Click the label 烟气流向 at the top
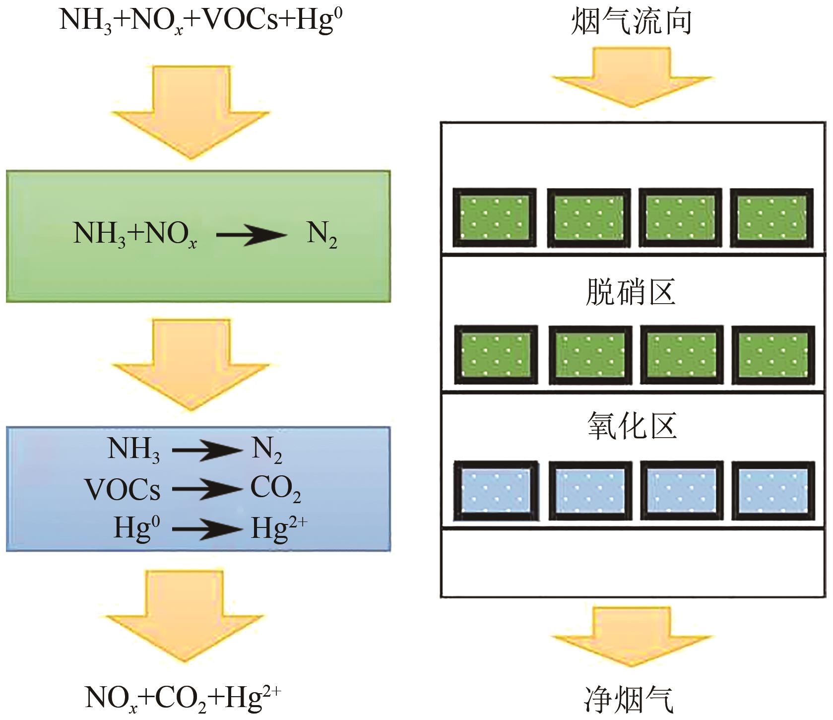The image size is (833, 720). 631,23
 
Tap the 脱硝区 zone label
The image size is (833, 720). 631,292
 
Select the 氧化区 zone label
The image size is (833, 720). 632,426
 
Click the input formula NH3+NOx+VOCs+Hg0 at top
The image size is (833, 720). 201,21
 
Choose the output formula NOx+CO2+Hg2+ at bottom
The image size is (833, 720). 183,698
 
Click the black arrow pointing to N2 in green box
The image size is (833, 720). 252,234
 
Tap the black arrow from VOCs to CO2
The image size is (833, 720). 206,490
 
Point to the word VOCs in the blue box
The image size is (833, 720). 123,490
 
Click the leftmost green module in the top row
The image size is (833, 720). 495,218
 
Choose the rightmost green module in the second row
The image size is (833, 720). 773,355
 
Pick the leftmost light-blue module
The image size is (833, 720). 496,491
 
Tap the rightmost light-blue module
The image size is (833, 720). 773,491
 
